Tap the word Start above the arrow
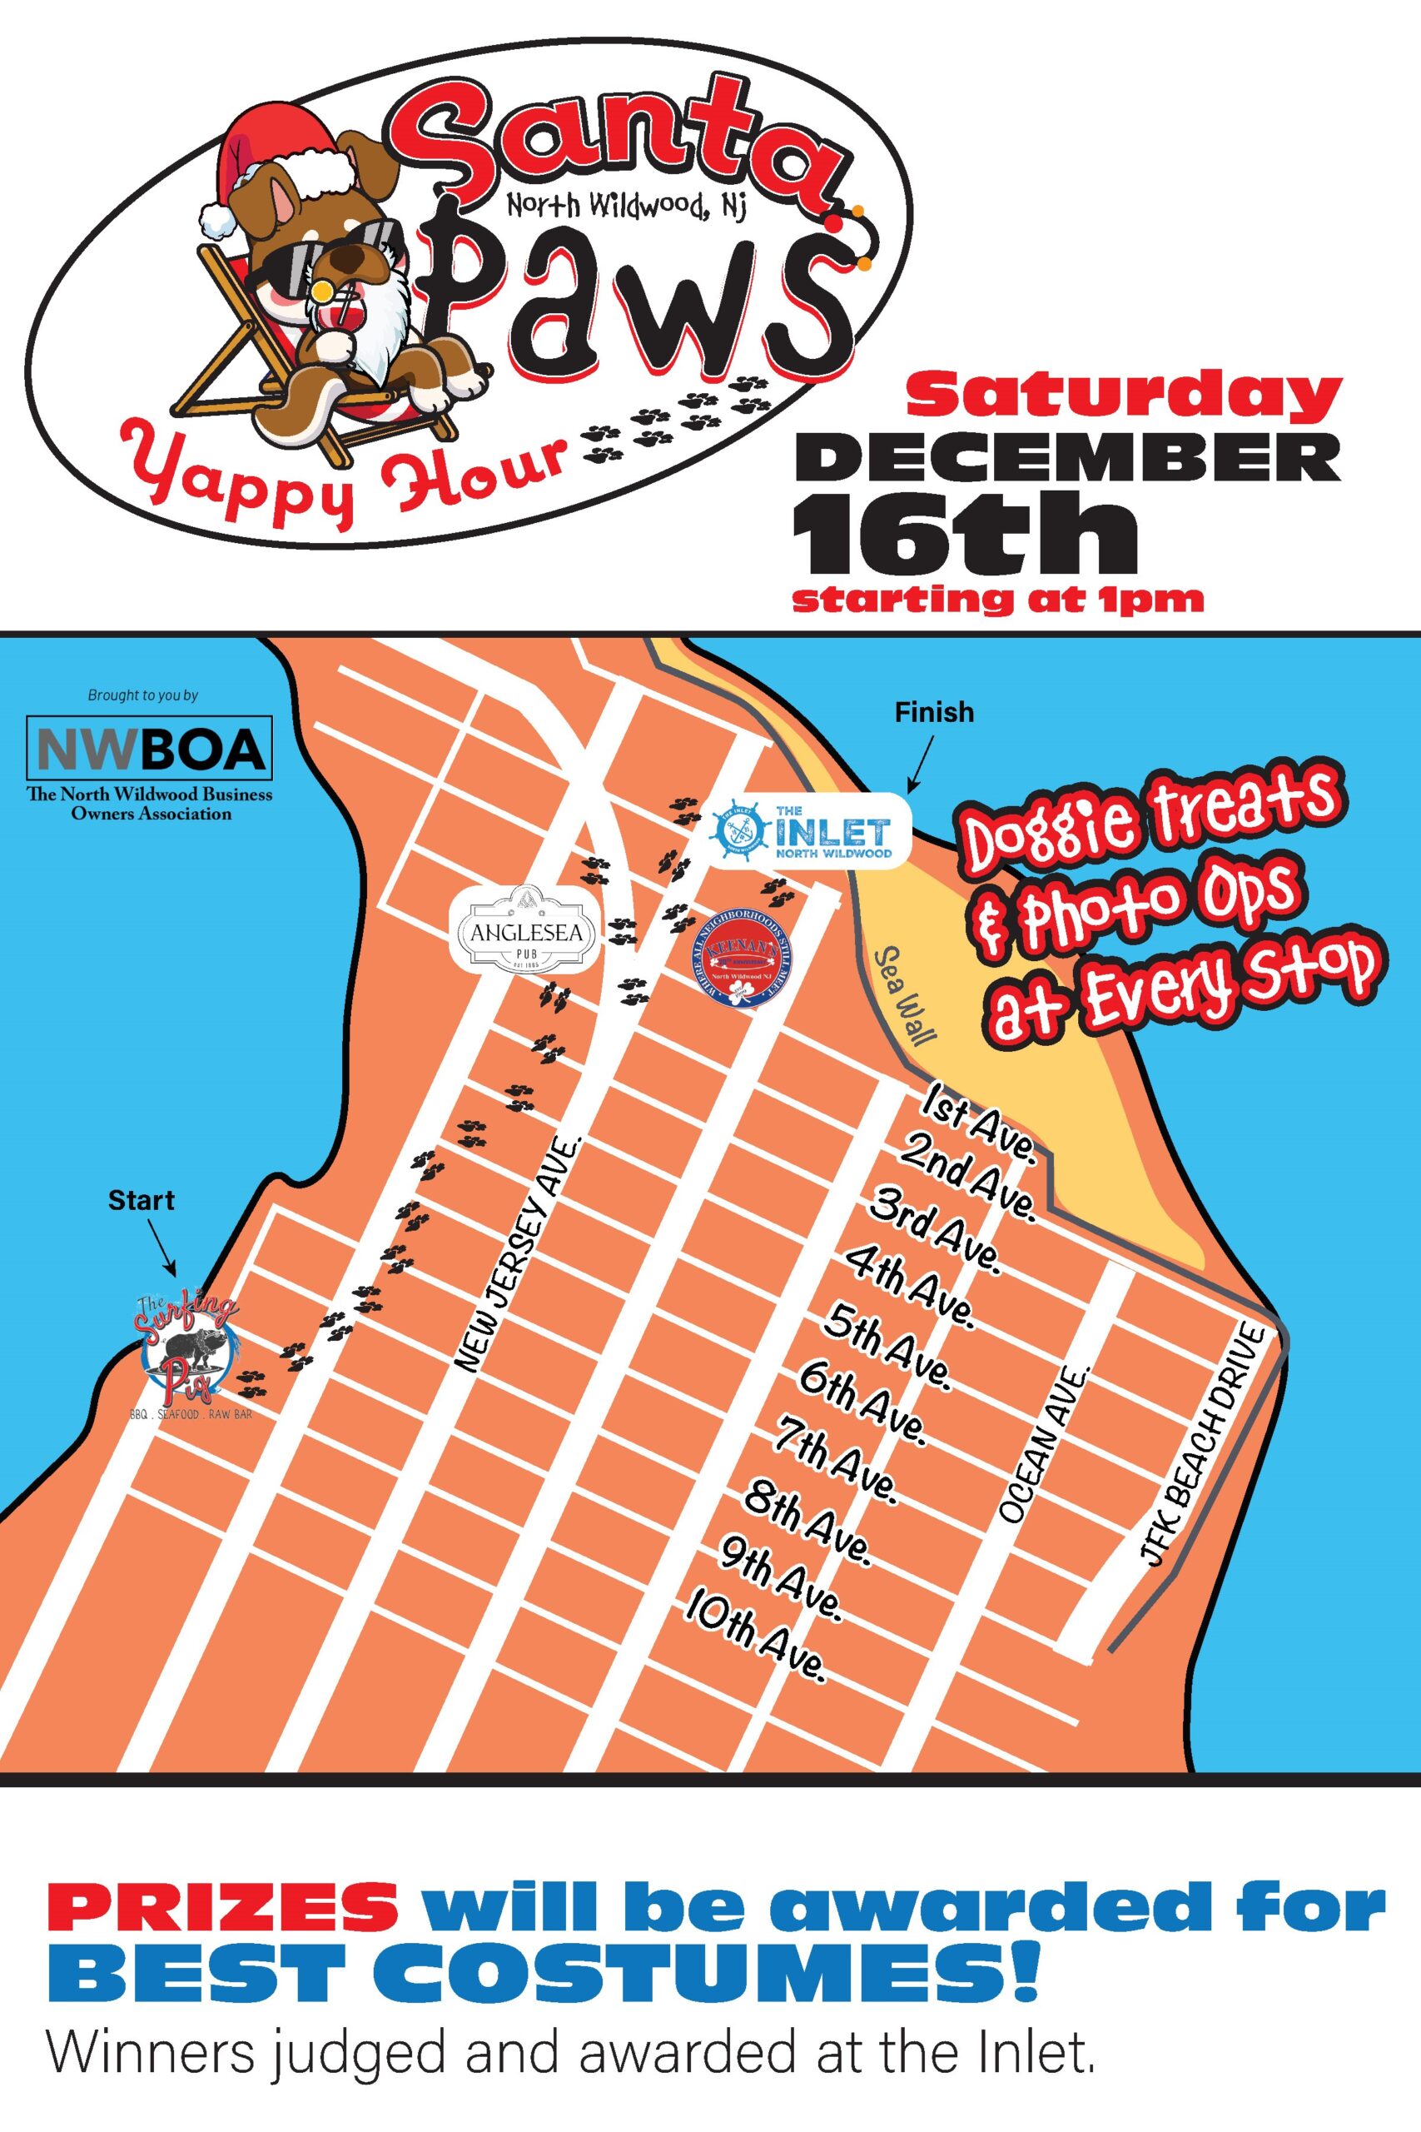click(141, 1200)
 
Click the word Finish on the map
click(934, 713)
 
